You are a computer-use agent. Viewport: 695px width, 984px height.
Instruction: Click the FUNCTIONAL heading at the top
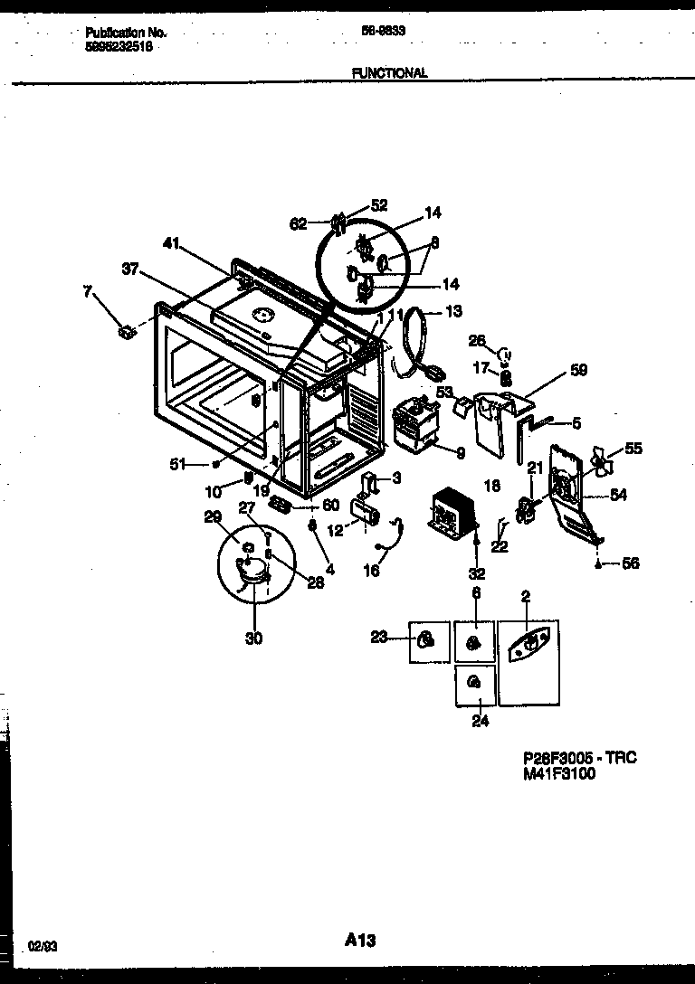click(x=391, y=73)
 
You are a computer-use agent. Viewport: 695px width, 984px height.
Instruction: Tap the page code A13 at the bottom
click(x=359, y=941)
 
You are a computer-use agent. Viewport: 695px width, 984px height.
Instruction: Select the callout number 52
click(x=379, y=205)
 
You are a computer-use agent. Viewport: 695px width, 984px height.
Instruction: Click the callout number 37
click(x=132, y=268)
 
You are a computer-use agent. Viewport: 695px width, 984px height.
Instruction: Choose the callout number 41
click(x=173, y=242)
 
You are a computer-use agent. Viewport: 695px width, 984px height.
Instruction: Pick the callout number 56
click(x=630, y=563)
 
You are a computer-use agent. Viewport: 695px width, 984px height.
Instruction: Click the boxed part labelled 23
click(x=428, y=641)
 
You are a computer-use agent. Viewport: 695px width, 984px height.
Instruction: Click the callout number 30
click(x=253, y=639)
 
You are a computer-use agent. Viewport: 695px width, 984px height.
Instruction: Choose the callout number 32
click(x=475, y=572)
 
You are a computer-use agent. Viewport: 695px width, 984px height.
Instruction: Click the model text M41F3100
click(x=559, y=773)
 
